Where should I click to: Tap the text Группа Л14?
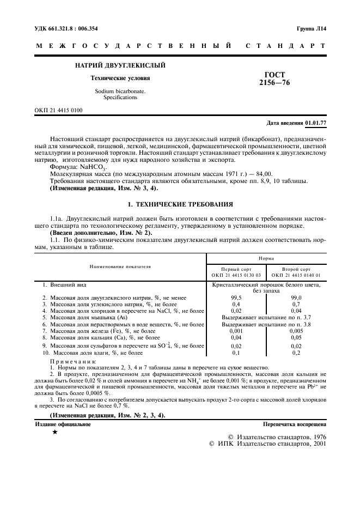(312, 28)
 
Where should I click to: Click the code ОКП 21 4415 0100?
(58, 110)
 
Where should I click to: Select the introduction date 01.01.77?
(316, 123)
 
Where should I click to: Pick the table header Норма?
(266, 258)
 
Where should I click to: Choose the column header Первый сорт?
(236, 269)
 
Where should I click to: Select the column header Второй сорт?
(296, 269)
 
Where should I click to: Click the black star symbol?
(54, 432)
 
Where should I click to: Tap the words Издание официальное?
(56, 423)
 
